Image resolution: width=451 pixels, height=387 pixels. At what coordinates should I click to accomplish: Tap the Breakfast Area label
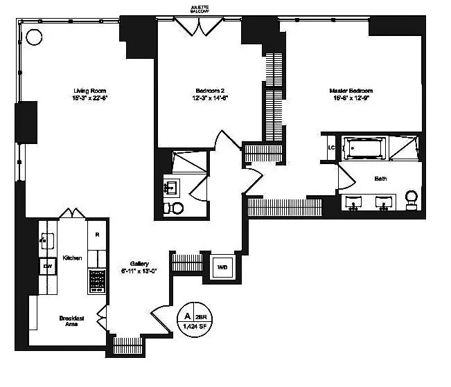pos(71,321)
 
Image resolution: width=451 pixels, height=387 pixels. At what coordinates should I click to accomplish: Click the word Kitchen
pos(72,258)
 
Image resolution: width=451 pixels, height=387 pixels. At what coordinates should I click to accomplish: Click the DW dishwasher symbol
pos(48,266)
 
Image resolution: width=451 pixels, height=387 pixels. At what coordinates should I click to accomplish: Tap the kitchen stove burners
pos(97,280)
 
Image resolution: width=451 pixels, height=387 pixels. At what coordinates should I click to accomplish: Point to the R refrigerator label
pos(97,234)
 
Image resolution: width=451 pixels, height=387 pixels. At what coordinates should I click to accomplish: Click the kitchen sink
pos(48,241)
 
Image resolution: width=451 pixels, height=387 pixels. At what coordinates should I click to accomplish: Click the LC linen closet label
pos(332,147)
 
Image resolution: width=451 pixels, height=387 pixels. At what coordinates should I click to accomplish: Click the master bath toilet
pos(412,199)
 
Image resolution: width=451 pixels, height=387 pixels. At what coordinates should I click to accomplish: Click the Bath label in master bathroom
pos(380,179)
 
